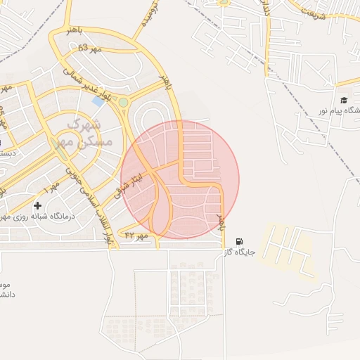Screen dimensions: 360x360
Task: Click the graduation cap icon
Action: (x=344, y=101)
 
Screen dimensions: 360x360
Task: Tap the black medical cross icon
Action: (x=37, y=205)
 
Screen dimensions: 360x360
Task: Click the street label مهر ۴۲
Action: (x=137, y=235)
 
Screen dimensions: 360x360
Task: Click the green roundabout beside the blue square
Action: (x=124, y=103)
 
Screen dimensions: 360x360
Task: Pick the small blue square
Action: (x=98, y=101)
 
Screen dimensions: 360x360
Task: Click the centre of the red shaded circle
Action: (x=180, y=179)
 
